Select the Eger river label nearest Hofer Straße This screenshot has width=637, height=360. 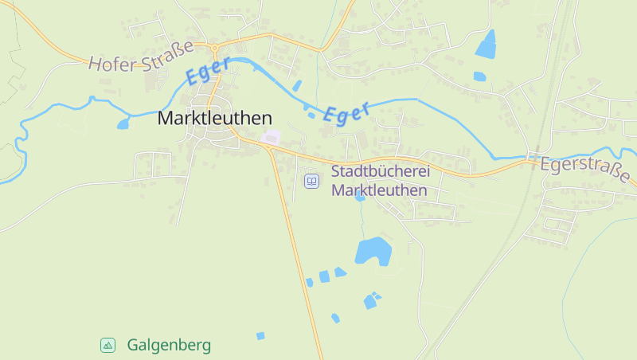click(x=209, y=69)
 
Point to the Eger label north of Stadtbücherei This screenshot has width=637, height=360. click(x=347, y=112)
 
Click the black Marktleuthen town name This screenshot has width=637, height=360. click(x=215, y=118)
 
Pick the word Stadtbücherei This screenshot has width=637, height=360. click(x=381, y=171)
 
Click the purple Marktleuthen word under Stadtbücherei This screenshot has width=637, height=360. click(x=379, y=190)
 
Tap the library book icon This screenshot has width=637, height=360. click(x=312, y=182)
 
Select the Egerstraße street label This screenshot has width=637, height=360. click(x=588, y=170)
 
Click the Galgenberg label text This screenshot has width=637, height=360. click(x=169, y=345)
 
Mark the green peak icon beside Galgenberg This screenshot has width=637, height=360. click(x=108, y=345)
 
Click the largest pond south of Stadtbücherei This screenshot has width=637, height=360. click(x=373, y=251)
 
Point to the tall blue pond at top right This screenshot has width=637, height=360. click(x=486, y=44)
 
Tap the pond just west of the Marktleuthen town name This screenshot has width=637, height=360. click(x=123, y=123)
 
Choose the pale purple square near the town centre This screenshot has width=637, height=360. click(x=272, y=138)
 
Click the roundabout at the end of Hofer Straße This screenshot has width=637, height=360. click(x=214, y=47)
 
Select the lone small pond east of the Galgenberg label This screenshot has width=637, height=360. click(x=260, y=336)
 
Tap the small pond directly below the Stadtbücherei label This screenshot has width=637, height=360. click(x=360, y=196)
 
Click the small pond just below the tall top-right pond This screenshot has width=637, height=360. click(x=479, y=76)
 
